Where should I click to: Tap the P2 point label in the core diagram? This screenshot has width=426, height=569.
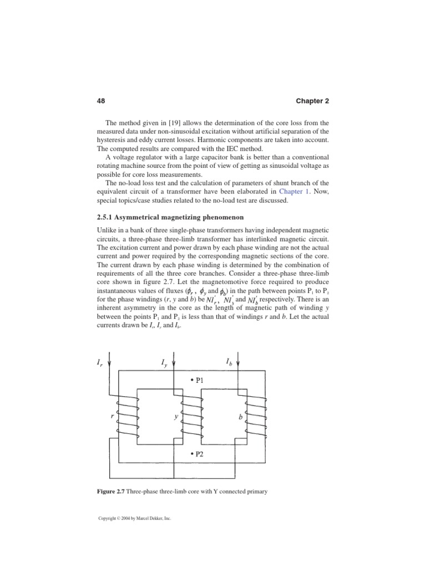[x=196, y=453]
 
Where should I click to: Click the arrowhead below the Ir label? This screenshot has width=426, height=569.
[x=110, y=365]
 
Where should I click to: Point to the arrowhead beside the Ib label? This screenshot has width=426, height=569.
[x=238, y=365]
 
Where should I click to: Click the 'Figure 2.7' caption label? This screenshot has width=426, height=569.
[x=113, y=491]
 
